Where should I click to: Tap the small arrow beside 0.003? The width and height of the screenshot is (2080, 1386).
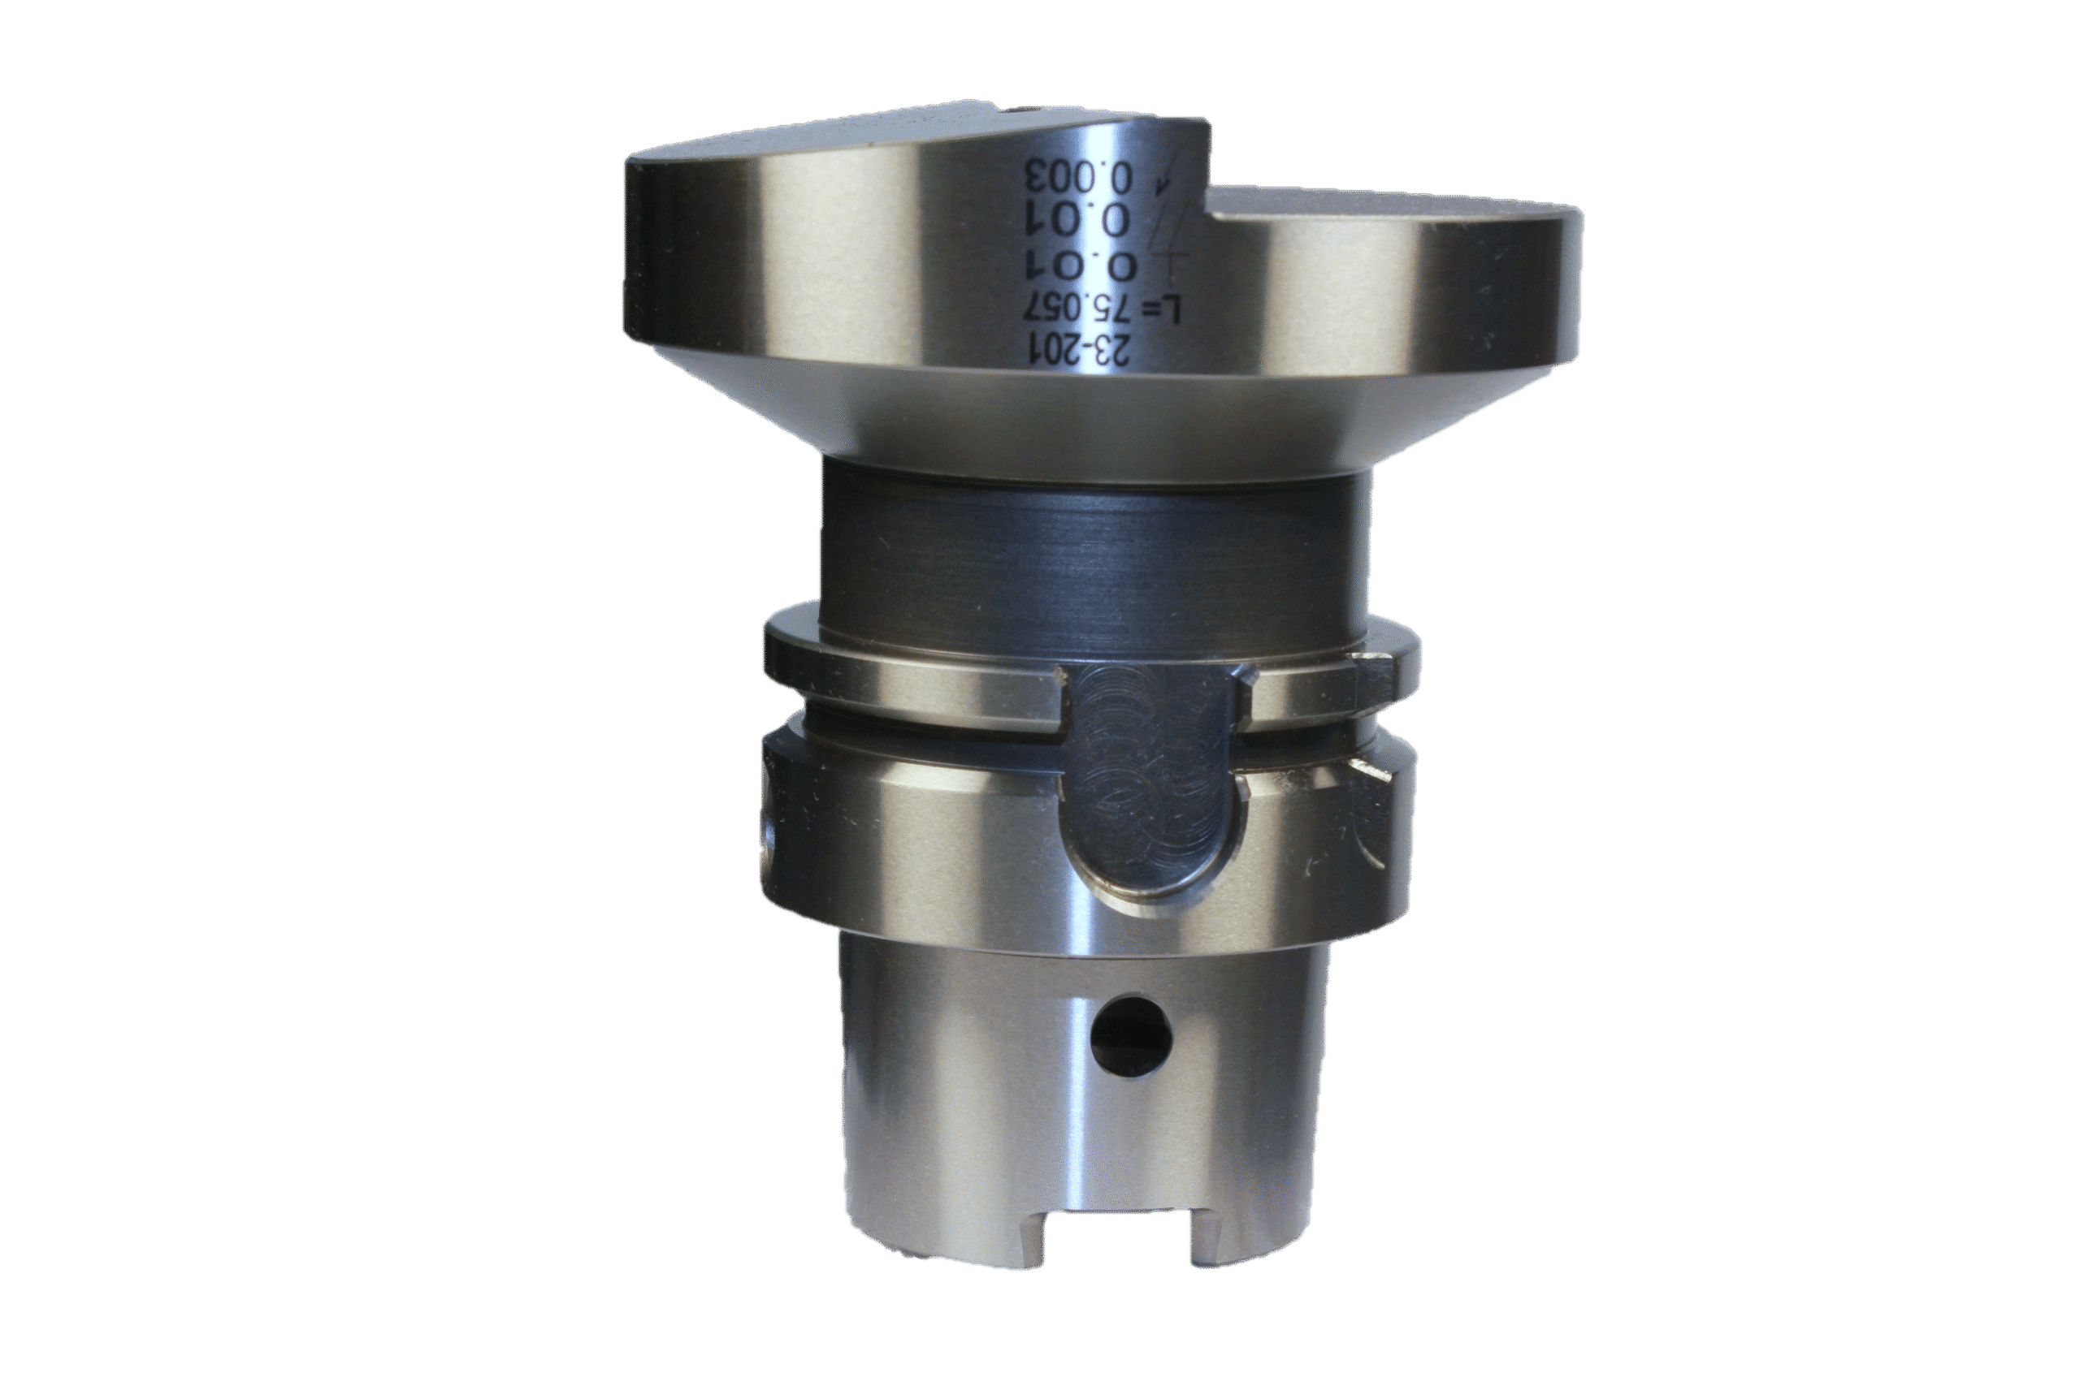[x=1166, y=179]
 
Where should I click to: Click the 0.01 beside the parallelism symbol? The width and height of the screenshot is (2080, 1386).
[x=1078, y=219]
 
